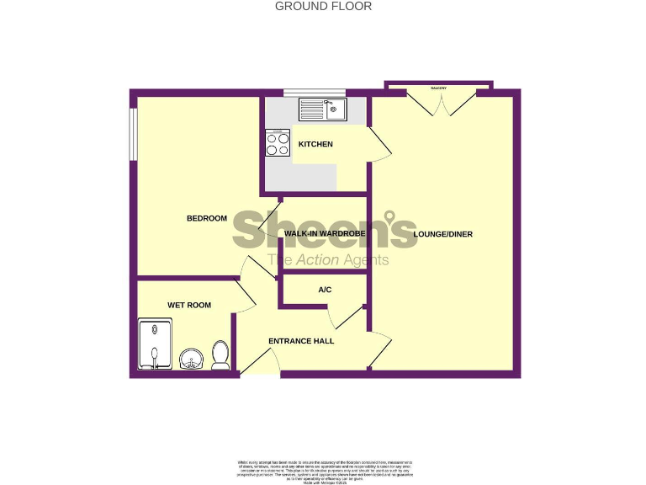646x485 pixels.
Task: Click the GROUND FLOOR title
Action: point(323,6)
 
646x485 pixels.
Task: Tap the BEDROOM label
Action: point(207,219)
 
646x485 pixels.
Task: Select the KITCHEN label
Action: point(315,144)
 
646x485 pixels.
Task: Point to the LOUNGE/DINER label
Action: point(443,233)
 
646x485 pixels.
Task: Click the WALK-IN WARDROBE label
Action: point(322,233)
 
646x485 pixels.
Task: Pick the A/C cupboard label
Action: point(325,290)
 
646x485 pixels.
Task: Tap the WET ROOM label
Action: point(189,305)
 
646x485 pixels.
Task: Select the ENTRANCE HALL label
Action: point(301,341)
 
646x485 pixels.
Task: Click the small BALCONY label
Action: point(438,88)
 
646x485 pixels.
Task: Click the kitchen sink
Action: point(322,109)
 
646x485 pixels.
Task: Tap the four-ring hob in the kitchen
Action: point(278,142)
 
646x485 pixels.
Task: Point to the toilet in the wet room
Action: point(221,355)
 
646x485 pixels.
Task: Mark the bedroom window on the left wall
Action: point(132,132)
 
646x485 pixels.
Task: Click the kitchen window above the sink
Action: point(315,92)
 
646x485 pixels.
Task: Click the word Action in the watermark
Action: point(317,260)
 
